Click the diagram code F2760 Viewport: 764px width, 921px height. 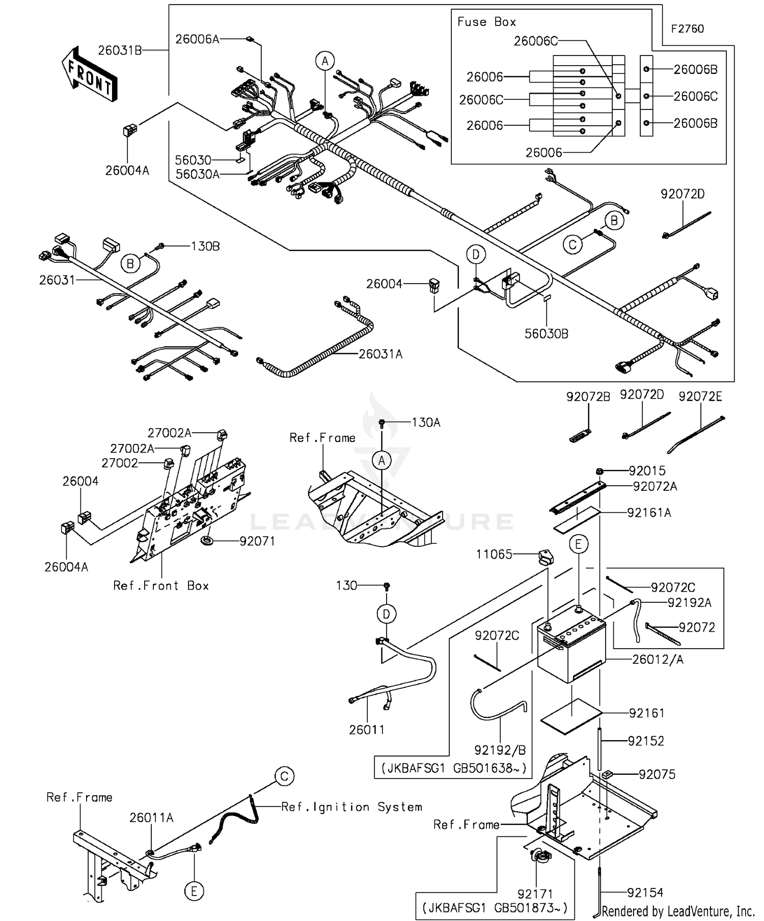tap(687, 29)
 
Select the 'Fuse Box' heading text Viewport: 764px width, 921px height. tap(486, 22)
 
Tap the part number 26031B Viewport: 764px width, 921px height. tap(120, 50)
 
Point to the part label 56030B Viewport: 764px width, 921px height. tap(547, 334)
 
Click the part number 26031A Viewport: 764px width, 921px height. tap(380, 354)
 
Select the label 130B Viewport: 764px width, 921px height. tap(205, 246)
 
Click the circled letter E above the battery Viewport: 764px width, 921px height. tap(578, 544)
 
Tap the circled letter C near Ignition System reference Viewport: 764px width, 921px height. tap(284, 776)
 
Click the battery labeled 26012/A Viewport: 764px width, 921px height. tap(570, 647)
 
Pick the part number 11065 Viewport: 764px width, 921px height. tap(494, 554)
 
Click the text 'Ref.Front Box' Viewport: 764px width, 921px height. tap(161, 586)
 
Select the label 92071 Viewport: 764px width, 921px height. tap(257, 542)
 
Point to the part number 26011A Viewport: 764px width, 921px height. tap(151, 818)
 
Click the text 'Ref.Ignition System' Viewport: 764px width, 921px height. tap(351, 807)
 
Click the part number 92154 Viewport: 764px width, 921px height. tap(645, 893)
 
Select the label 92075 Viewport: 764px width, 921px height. tap(657, 775)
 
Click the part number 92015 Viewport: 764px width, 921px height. tap(647, 471)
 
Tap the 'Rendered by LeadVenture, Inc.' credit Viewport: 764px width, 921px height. tap(677, 911)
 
